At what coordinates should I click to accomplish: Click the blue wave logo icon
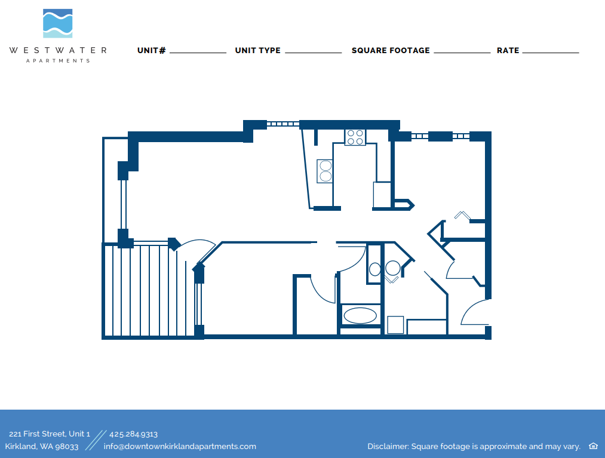pyautogui.click(x=58, y=24)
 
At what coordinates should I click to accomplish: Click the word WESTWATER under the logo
pyautogui.click(x=58, y=51)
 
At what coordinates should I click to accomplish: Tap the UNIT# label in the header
pyautogui.click(x=152, y=51)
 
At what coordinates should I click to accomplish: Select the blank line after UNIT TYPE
pyautogui.click(x=313, y=52)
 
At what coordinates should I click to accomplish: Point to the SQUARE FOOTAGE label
pyautogui.click(x=391, y=51)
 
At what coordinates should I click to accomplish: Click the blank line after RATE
pyautogui.click(x=551, y=52)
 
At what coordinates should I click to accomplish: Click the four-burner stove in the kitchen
pyautogui.click(x=355, y=137)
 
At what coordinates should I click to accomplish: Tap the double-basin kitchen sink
pyautogui.click(x=325, y=171)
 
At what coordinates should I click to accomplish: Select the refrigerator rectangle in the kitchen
pyautogui.click(x=382, y=195)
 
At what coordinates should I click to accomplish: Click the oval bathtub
pyautogui.click(x=360, y=315)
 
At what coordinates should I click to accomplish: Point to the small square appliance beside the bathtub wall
pyautogui.click(x=395, y=325)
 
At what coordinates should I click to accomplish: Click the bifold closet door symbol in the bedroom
pyautogui.click(x=462, y=214)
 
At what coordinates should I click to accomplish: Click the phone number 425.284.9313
pyautogui.click(x=133, y=434)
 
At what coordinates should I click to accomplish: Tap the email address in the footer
pyautogui.click(x=180, y=446)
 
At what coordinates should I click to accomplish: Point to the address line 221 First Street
pyautogui.click(x=50, y=434)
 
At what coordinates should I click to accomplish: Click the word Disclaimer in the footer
pyautogui.click(x=388, y=447)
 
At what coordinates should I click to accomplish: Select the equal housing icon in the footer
pyautogui.click(x=593, y=446)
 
